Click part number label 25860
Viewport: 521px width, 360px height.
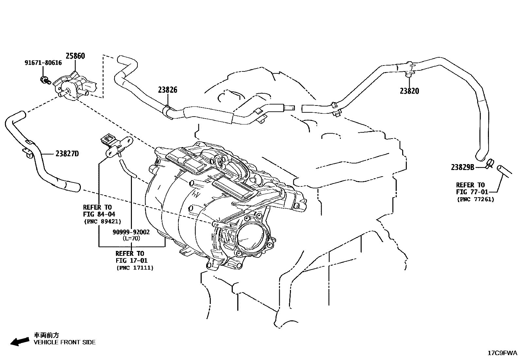pyautogui.click(x=75, y=56)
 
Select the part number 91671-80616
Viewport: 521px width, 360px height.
pyautogui.click(x=43, y=63)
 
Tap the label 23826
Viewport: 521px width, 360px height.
pyautogui.click(x=168, y=90)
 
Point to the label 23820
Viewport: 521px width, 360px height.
pyautogui.click(x=409, y=91)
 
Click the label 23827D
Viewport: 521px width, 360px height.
pyautogui.click(x=67, y=154)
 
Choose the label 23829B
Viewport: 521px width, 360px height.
pyautogui.click(x=462, y=167)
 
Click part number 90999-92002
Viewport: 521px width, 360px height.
pyautogui.click(x=131, y=232)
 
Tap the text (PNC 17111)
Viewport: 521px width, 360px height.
pyautogui.click(x=135, y=268)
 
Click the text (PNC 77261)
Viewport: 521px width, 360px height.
pyautogui.click(x=475, y=199)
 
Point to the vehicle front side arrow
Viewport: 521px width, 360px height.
pyautogui.click(x=19, y=342)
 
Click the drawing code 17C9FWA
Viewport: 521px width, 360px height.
pyautogui.click(x=502, y=353)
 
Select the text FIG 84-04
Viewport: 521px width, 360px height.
pyautogui.click(x=99, y=214)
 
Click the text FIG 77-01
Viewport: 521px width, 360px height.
pyautogui.click(x=472, y=192)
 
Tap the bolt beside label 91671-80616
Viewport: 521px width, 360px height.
pyautogui.click(x=44, y=79)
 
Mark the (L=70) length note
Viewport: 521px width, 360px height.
pyautogui.click(x=131, y=238)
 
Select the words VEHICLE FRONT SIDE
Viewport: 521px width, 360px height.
pyautogui.click(x=65, y=342)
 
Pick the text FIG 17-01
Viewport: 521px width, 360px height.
pyautogui.click(x=131, y=260)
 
